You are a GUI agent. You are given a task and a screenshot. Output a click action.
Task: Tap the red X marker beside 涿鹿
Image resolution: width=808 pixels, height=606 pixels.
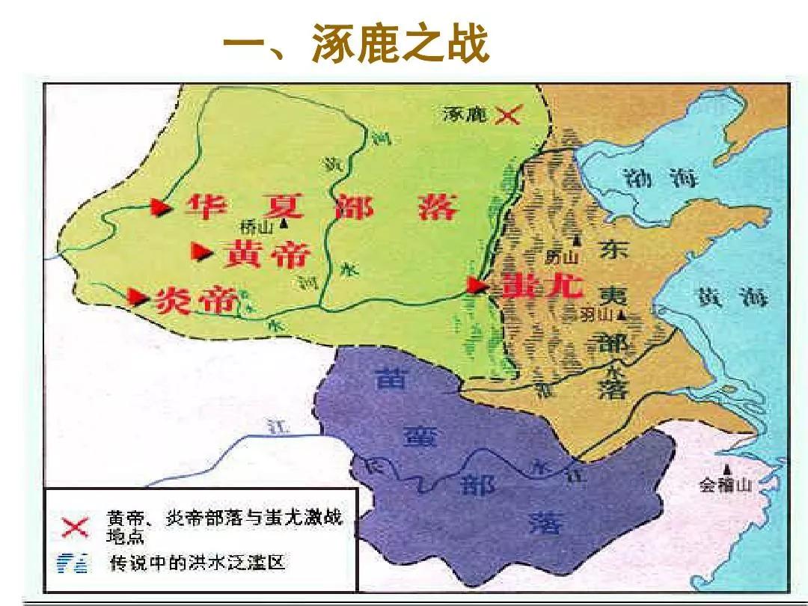coord(510,114)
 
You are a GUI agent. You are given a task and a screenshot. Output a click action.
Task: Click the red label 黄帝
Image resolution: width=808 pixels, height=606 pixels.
coord(266,255)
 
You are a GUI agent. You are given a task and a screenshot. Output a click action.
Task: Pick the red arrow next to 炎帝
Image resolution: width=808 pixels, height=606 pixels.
coord(137,297)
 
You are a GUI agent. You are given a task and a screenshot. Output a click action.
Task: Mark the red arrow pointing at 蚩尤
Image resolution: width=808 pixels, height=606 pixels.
coord(477,284)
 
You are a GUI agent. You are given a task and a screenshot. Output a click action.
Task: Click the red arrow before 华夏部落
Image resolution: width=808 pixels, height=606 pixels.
coord(159,207)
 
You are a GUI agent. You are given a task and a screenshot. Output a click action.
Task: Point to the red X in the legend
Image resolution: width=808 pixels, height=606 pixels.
coord(75,527)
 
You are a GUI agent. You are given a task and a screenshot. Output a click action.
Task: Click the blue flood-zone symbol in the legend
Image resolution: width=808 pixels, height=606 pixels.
coord(75,563)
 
